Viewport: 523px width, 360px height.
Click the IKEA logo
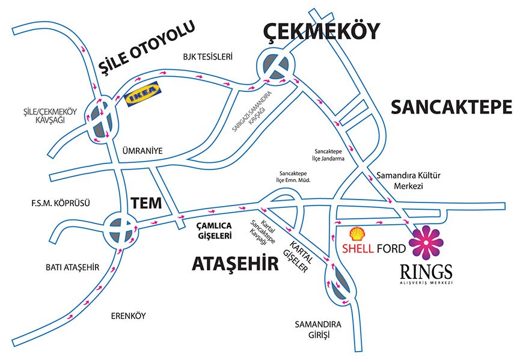click(144, 93)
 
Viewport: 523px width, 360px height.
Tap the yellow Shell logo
click(356, 234)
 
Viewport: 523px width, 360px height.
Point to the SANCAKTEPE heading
click(451, 108)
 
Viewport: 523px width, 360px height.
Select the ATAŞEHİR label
click(236, 263)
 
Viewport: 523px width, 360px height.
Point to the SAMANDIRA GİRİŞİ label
click(317, 330)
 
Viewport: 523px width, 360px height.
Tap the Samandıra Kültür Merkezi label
click(408, 181)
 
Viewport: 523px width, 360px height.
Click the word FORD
click(392, 248)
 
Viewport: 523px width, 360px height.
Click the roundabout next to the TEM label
click(119, 228)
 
